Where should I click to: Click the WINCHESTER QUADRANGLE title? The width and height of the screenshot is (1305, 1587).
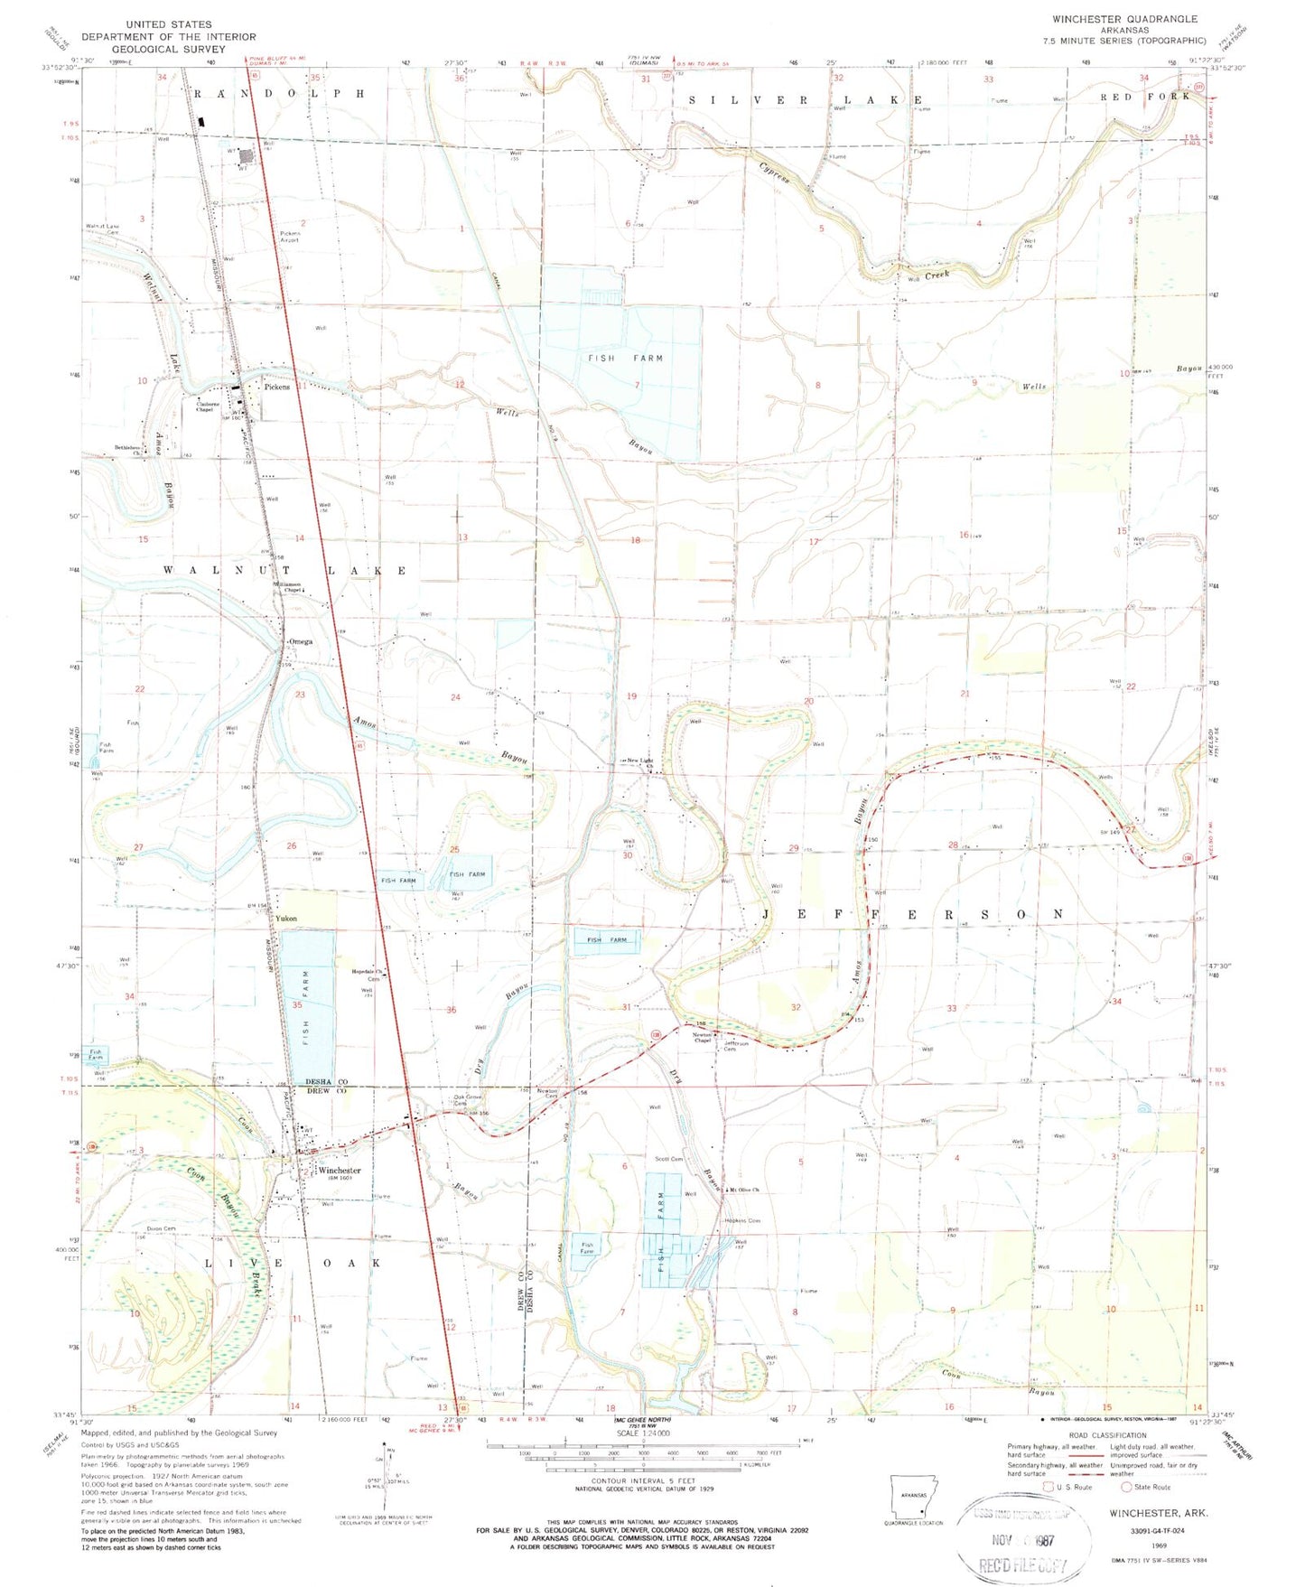click(1124, 19)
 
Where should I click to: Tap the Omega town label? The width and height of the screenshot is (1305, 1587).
click(301, 641)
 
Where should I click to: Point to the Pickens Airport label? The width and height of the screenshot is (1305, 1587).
click(289, 238)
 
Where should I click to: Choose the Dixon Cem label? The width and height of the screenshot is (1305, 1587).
click(161, 1228)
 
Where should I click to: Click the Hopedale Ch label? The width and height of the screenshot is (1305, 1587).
click(368, 972)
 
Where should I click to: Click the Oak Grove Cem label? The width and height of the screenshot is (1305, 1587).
click(465, 1100)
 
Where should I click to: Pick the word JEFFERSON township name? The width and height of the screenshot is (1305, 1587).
click(912, 915)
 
